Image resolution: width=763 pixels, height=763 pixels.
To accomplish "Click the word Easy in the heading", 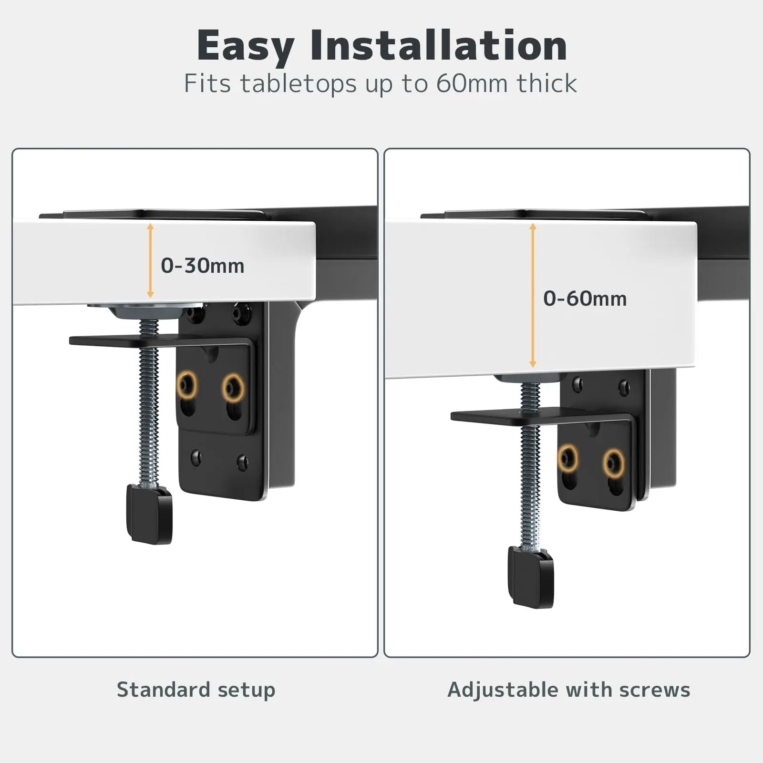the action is pyautogui.click(x=246, y=47).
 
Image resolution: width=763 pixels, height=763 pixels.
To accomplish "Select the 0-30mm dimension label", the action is pyautogui.click(x=202, y=266).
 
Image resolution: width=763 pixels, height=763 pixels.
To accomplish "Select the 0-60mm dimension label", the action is pyautogui.click(x=585, y=299).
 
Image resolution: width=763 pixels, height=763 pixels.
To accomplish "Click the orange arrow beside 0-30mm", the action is pyautogui.click(x=150, y=260).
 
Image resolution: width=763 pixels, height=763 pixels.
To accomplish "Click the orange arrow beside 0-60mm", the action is pyautogui.click(x=533, y=296).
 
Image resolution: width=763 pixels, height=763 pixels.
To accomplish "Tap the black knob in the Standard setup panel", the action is pyautogui.click(x=149, y=514).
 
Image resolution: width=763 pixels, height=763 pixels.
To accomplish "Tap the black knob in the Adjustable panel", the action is pyautogui.click(x=531, y=577).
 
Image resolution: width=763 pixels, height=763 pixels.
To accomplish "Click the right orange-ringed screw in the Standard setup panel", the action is pyautogui.click(x=233, y=387).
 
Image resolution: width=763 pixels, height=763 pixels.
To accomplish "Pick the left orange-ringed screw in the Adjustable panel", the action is pyautogui.click(x=567, y=459).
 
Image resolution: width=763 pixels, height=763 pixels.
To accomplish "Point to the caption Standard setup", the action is pyautogui.click(x=196, y=690).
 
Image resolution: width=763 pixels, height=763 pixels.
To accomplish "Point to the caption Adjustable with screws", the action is pyautogui.click(x=568, y=690).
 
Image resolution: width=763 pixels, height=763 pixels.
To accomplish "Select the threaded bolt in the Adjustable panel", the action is pyautogui.click(x=530, y=465).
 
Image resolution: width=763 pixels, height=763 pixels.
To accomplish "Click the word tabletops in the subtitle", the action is pyautogui.click(x=298, y=84).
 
